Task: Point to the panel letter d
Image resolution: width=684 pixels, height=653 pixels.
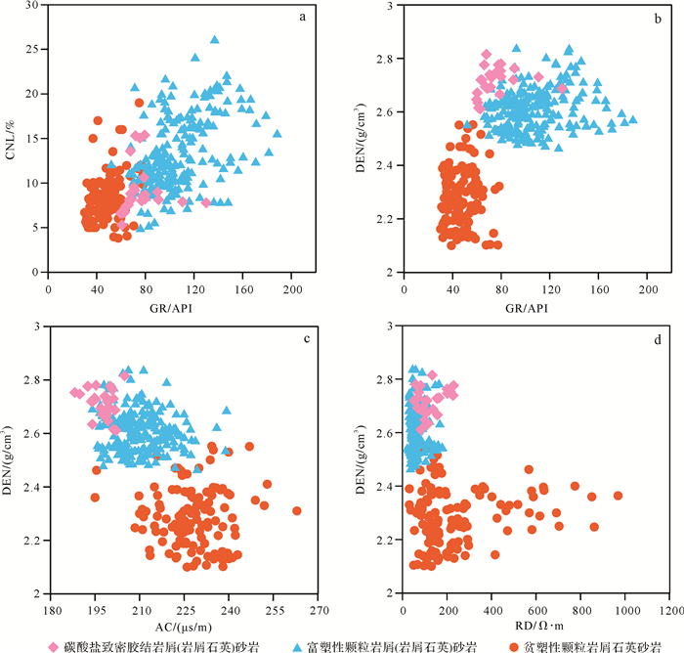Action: click(657, 338)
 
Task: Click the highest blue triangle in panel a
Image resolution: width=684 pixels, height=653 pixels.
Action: click(214, 40)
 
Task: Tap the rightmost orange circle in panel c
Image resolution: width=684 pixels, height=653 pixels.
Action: click(296, 510)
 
